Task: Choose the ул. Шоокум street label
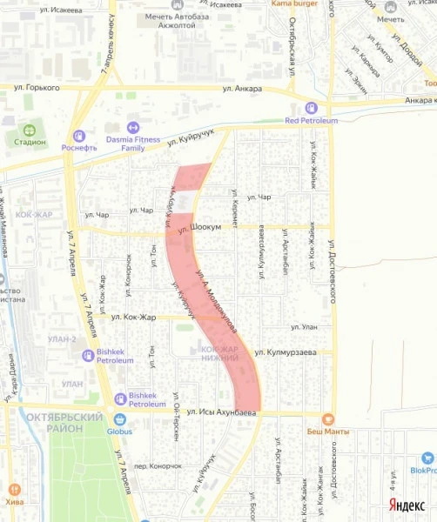196,229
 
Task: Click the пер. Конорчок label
158,465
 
